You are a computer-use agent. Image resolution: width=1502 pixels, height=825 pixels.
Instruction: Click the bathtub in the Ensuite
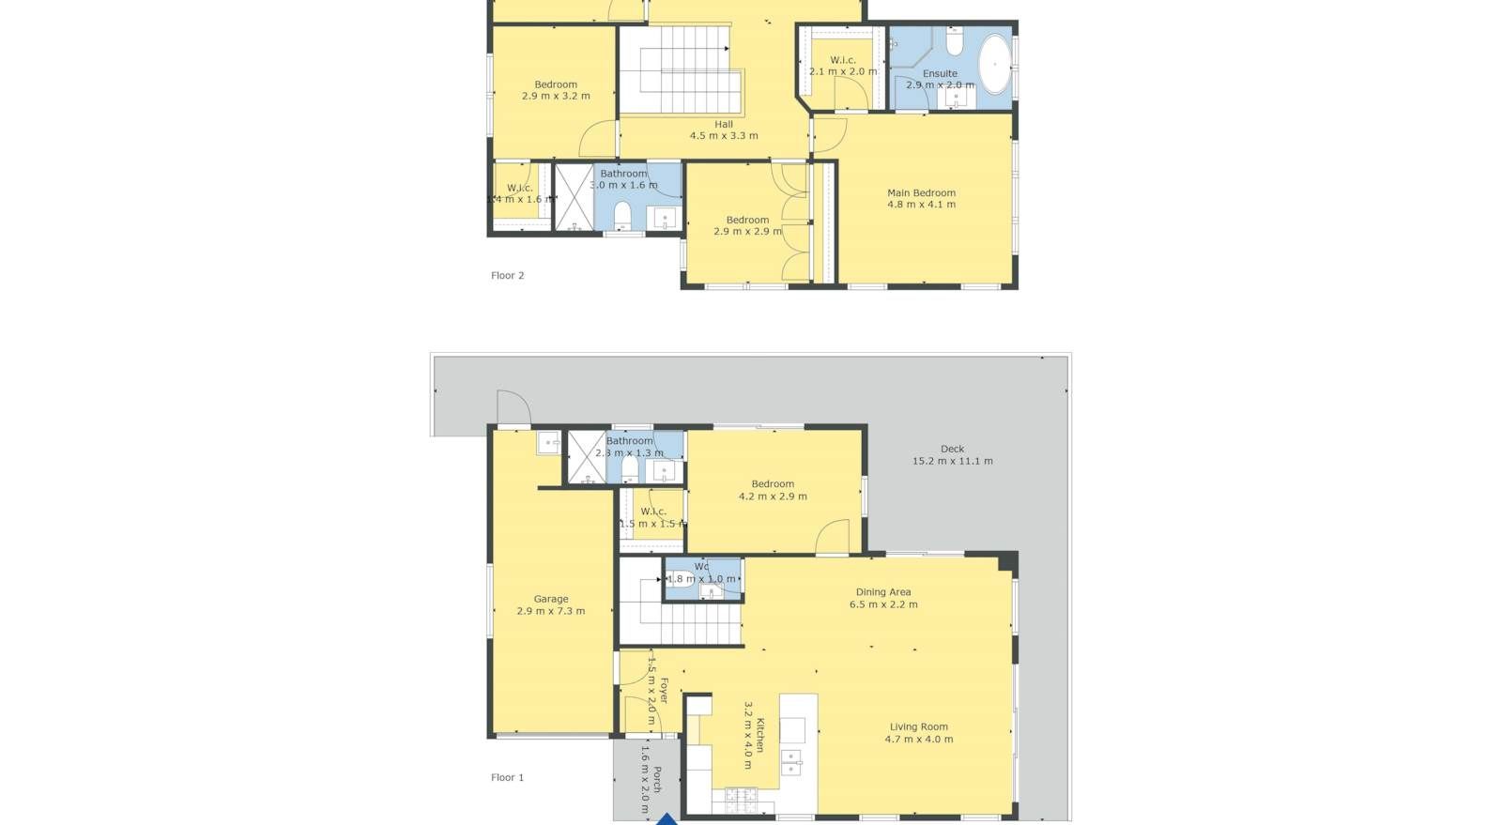click(995, 64)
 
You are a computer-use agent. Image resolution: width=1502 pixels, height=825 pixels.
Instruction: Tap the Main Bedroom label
click(921, 198)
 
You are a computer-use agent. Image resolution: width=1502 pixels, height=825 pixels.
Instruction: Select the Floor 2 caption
click(507, 275)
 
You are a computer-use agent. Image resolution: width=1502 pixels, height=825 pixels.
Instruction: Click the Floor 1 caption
click(507, 777)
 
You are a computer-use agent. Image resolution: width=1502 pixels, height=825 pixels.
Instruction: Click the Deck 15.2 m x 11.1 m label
click(952, 454)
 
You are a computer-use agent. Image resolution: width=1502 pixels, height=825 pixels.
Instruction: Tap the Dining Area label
click(882, 598)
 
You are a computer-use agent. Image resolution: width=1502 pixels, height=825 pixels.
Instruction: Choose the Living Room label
click(918, 732)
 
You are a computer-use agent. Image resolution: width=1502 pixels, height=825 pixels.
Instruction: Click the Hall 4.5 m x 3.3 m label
click(723, 130)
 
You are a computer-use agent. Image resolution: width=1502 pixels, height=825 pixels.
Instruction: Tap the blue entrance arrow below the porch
click(666, 819)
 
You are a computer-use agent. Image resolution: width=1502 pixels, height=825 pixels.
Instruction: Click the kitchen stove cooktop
click(740, 799)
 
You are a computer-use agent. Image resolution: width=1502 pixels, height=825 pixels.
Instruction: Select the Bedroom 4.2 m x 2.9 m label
click(772, 490)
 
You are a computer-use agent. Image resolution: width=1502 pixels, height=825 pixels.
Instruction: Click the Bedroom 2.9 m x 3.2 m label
click(556, 90)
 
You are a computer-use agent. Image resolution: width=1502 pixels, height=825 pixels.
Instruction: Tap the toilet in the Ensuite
click(954, 42)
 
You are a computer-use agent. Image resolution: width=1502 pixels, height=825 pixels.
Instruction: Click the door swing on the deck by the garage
click(513, 407)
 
